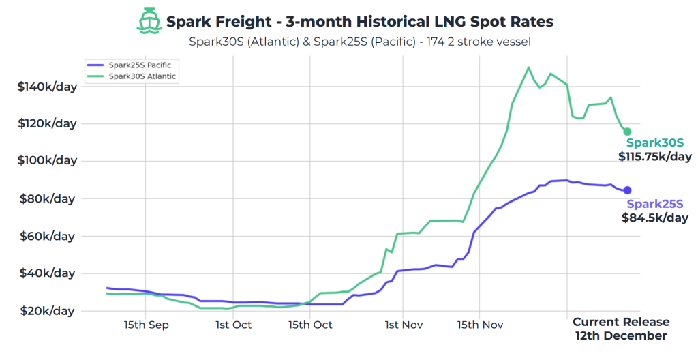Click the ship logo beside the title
point(150,21)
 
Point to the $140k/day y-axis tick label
point(46,87)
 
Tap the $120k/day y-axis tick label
point(46,123)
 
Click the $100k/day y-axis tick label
point(46,161)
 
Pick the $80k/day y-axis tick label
point(49,198)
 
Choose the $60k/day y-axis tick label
point(49,236)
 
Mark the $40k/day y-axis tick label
point(49,273)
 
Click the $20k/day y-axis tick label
point(49,311)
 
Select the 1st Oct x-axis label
point(233,325)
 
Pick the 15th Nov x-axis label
point(480,325)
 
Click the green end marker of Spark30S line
point(627,132)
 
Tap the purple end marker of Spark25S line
point(627,190)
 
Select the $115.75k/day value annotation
point(655,157)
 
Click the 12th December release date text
point(621,336)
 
